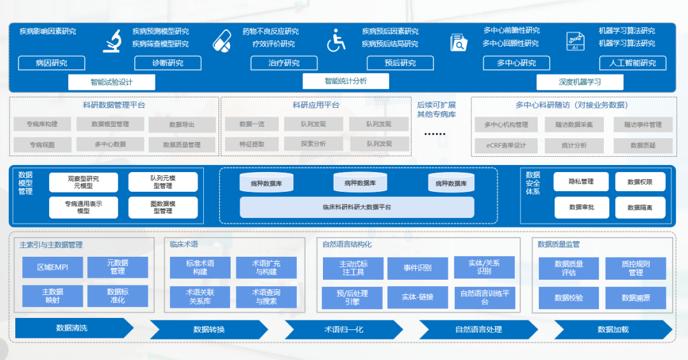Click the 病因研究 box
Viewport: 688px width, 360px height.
(52, 63)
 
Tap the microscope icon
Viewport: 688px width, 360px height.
(113, 40)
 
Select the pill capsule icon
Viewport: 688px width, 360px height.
(222, 40)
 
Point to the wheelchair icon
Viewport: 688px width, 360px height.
(336, 40)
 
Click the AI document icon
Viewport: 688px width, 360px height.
(575, 41)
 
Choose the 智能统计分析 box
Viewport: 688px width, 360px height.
(345, 81)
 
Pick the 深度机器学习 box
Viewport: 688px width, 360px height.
(580, 82)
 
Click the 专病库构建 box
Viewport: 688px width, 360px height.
(42, 124)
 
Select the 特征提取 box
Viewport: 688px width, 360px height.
(252, 144)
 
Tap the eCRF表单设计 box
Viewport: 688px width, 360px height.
(505, 145)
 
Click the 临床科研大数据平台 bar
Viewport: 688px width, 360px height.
(357, 207)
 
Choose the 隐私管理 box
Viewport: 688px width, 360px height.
(581, 182)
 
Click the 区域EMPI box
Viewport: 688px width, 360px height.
(52, 267)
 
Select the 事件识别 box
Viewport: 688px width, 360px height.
(417, 268)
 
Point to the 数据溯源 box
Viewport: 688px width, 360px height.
(636, 298)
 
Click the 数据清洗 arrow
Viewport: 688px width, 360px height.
(72, 328)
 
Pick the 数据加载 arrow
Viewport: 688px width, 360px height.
(613, 329)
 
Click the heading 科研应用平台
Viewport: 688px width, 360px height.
(316, 105)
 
